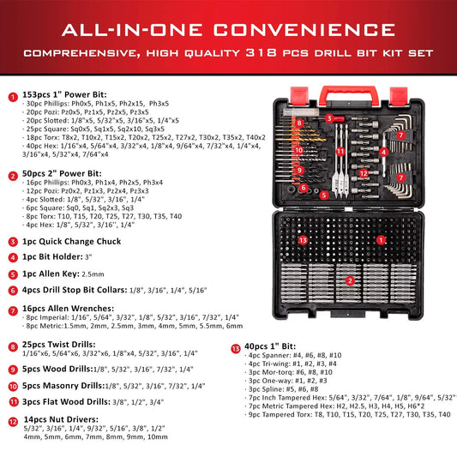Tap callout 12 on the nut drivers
(x=364, y=174)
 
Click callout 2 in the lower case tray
(x=349, y=280)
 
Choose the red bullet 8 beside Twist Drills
(x=11, y=346)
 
